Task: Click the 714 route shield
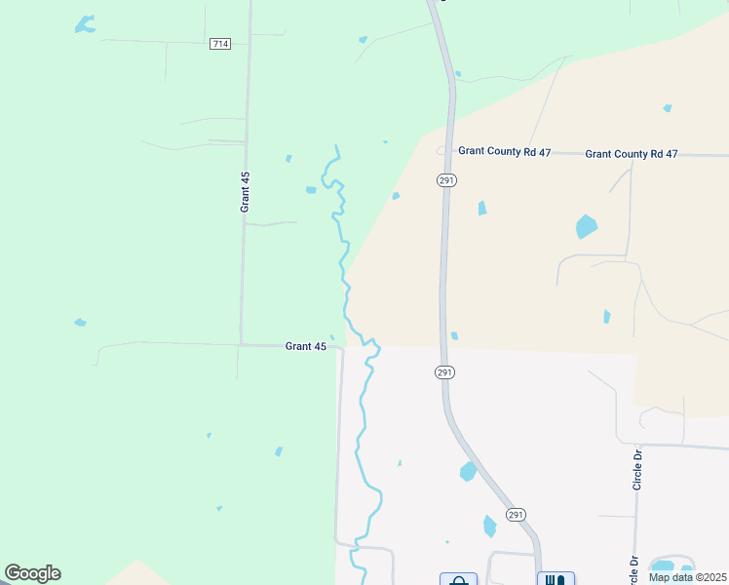(220, 44)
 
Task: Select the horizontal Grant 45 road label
(306, 346)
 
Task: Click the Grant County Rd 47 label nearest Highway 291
(505, 152)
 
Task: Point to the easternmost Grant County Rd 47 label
(632, 154)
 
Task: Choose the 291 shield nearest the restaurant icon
(517, 515)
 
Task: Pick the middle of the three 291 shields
(444, 372)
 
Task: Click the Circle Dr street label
(638, 469)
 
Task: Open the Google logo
(32, 573)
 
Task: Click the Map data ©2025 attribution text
(687, 577)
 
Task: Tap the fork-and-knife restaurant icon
(556, 579)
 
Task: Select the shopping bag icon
(458, 579)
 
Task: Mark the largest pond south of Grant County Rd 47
(586, 227)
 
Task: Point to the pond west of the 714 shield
(86, 24)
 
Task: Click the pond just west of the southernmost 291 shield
(489, 526)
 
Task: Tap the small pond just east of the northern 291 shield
(481, 208)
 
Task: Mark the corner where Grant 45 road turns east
(242, 344)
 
